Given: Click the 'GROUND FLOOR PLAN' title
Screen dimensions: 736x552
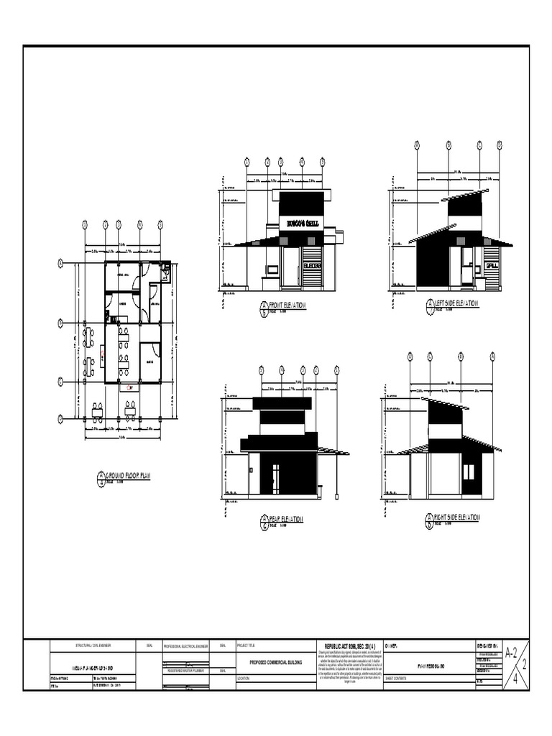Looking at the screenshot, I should (132, 475).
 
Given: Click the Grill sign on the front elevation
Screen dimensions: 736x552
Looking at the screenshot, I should (302, 223).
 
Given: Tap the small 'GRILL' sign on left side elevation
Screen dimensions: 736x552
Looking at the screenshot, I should (492, 266).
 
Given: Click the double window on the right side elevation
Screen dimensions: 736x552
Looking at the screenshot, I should (469, 472).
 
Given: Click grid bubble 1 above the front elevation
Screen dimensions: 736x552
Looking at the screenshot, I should (247, 162).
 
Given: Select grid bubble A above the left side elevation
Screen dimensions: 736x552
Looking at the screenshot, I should (417, 145).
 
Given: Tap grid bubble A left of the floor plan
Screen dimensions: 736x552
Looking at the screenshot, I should (60, 264).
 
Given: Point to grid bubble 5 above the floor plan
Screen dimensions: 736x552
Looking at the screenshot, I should (160, 224).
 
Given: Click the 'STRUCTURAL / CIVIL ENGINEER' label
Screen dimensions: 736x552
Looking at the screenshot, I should (94, 645).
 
